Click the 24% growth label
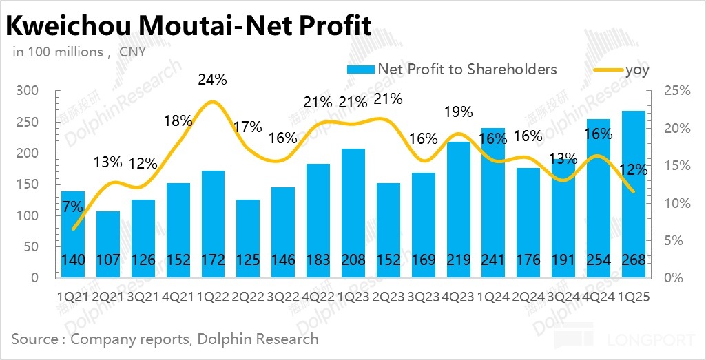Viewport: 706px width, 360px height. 212,80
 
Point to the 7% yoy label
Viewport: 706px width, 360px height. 72,207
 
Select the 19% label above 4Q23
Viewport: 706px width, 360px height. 459,112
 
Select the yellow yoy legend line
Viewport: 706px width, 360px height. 607,70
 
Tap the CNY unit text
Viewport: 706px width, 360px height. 132,52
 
